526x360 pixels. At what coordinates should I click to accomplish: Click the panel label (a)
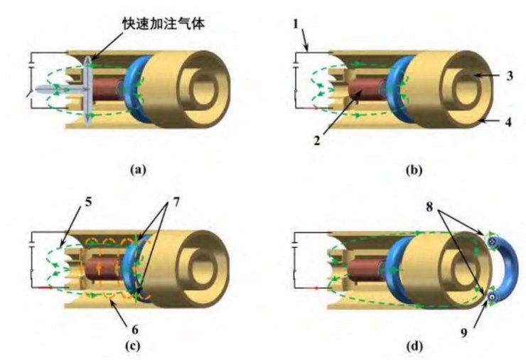click(138, 169)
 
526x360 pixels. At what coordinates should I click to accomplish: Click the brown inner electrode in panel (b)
click(367, 95)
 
